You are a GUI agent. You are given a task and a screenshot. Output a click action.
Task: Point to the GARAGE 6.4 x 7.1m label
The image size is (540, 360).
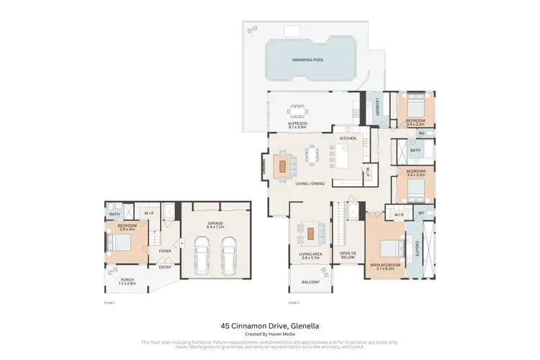point(215,225)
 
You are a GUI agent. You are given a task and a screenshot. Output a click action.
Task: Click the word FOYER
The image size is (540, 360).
point(165,251)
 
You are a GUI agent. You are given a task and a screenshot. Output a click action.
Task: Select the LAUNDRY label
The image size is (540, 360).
point(376,108)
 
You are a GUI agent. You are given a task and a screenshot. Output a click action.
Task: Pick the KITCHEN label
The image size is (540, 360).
point(348,138)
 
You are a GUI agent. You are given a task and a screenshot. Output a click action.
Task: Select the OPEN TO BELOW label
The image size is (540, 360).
point(348,256)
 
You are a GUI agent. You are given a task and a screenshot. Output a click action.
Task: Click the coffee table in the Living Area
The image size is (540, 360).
point(310,233)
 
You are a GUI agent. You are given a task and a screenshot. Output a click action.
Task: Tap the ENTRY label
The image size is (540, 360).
point(165,267)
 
